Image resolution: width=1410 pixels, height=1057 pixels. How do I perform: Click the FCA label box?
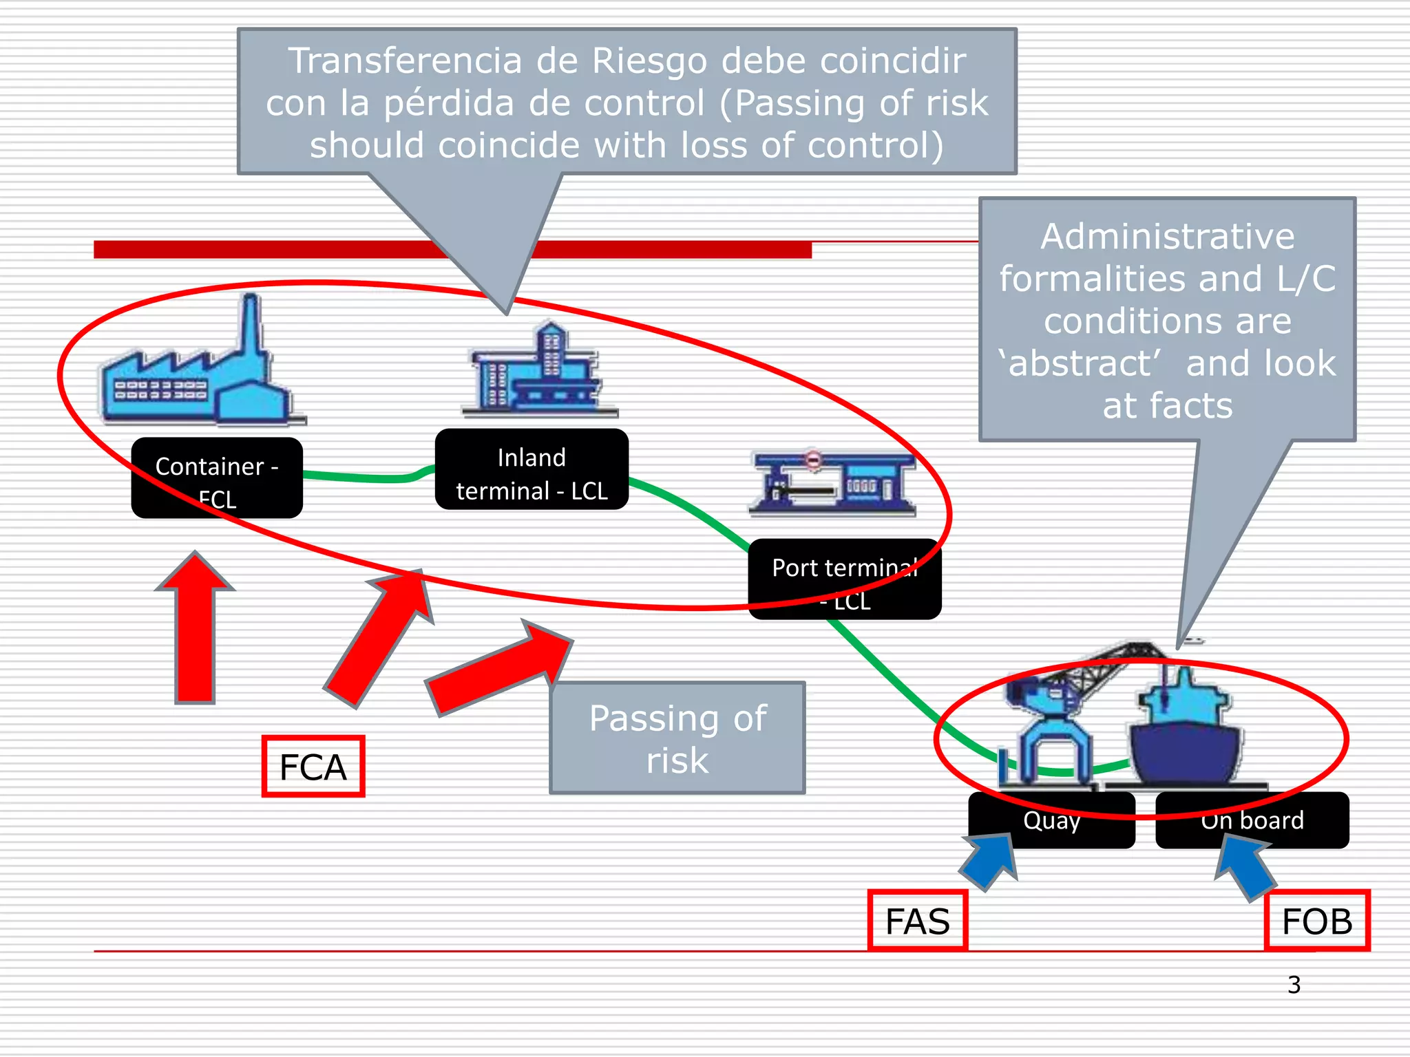coord(313,767)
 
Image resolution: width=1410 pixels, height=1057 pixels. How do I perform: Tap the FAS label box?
coord(918,921)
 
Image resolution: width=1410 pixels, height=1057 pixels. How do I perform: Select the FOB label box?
coord(1317,921)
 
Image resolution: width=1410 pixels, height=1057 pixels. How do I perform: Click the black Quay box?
coord(1051,820)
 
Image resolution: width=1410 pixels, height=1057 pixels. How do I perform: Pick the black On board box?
coord(1252,820)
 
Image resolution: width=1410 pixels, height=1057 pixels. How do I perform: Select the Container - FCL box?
coord(217,478)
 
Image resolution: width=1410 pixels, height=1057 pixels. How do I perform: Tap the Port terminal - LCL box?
coord(845,580)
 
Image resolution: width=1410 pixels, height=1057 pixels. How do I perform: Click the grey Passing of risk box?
coord(677,738)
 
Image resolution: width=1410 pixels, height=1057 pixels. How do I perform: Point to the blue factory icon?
coord(200,372)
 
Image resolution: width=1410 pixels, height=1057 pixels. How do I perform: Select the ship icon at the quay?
coord(1184,736)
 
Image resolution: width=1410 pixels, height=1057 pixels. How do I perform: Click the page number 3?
coord(1294,985)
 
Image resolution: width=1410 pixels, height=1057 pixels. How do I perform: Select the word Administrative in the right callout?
coord(1167,237)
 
